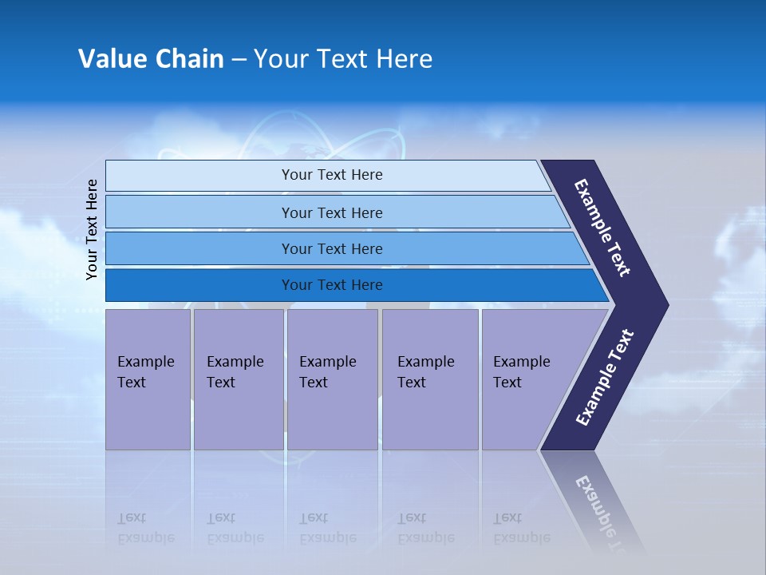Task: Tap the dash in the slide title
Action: tap(239, 60)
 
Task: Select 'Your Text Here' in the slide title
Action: tap(343, 59)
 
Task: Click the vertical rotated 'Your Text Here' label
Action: tap(92, 230)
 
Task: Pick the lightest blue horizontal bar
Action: tap(331, 175)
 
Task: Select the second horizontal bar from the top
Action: tap(331, 212)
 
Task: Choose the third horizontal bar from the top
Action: tap(331, 248)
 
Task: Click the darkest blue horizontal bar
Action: tap(331, 285)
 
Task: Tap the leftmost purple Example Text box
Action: tap(148, 379)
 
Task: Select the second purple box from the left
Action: tap(238, 379)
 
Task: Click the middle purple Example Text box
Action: tap(332, 379)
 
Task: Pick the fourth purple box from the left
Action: tap(430, 379)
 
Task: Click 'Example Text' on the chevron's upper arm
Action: tap(603, 228)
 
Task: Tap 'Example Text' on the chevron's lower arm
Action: tap(605, 377)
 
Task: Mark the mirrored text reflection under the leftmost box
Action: tap(145, 528)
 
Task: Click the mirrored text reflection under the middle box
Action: tap(327, 528)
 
